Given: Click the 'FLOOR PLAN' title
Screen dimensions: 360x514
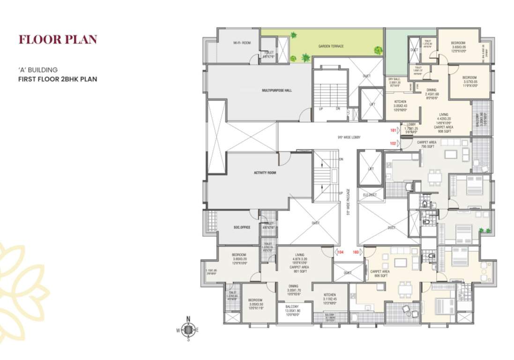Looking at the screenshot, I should click(x=58, y=39).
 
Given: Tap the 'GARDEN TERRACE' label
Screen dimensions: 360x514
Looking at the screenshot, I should click(x=331, y=46).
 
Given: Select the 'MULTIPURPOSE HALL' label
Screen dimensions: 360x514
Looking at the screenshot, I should click(x=276, y=90).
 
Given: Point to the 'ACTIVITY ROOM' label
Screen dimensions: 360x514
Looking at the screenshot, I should click(x=265, y=173).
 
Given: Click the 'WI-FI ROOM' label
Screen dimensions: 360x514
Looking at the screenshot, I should click(x=242, y=43).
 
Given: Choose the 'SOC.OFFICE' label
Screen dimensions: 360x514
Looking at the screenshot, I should click(x=242, y=227).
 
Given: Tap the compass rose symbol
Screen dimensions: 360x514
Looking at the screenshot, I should click(x=188, y=330).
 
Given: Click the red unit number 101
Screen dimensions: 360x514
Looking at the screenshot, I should click(x=393, y=130).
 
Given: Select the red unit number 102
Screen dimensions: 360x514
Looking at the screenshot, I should click(x=393, y=143).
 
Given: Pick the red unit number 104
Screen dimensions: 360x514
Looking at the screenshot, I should click(x=341, y=252).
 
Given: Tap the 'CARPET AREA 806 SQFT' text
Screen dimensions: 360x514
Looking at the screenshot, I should click(x=380, y=274).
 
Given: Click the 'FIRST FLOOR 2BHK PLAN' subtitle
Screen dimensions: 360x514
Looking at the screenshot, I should click(x=58, y=79).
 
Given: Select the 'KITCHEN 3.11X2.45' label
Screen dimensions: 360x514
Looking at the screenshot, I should click(x=329, y=298).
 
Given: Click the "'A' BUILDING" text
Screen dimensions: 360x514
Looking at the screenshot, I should click(x=37, y=70).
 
